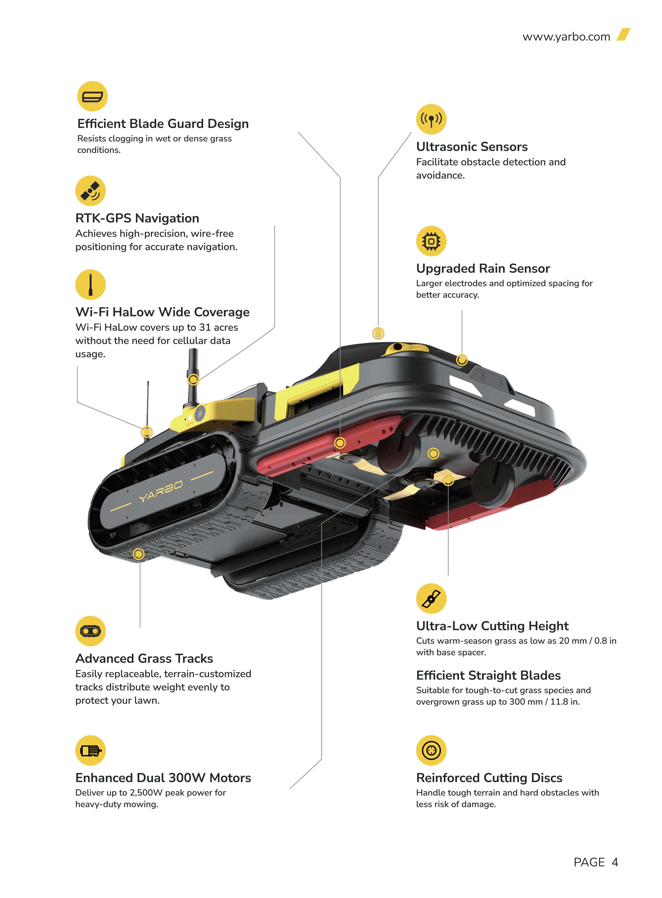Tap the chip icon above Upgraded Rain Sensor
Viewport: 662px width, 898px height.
[431, 241]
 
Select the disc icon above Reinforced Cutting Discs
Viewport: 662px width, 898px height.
[431, 750]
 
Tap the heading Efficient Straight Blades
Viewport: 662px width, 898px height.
[488, 675]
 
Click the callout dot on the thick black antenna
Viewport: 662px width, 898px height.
[193, 379]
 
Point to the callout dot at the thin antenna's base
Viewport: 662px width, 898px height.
[147, 432]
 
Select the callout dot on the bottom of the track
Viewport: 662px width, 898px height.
[139, 554]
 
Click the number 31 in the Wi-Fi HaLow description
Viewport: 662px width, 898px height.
[205, 328]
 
